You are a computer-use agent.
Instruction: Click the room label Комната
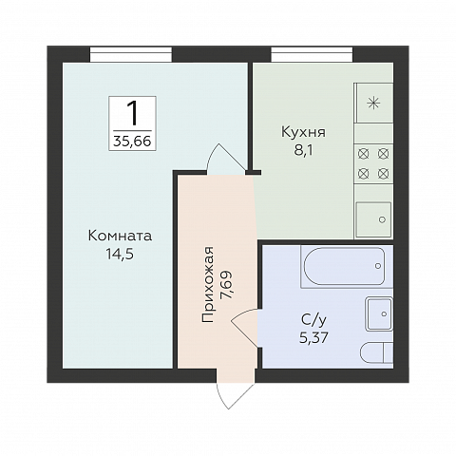[x=120, y=236]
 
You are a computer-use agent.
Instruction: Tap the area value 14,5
[x=120, y=255]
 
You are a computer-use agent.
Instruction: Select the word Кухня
[x=303, y=132]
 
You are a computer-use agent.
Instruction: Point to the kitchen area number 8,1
[x=303, y=151]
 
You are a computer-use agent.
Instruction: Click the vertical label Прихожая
[x=208, y=284]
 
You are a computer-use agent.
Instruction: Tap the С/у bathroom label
[x=313, y=321]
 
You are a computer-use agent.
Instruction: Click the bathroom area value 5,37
[x=313, y=338]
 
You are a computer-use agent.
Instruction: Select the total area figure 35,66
[x=132, y=142]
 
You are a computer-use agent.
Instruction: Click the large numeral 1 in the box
[x=133, y=113]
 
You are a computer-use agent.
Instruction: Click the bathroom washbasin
[x=379, y=313]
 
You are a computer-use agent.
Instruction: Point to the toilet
[x=377, y=352]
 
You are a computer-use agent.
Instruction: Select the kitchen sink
[x=373, y=219]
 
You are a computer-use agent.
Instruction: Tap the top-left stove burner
[x=363, y=154]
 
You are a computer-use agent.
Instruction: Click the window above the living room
[x=131, y=54]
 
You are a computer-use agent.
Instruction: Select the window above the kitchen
[x=312, y=54]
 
